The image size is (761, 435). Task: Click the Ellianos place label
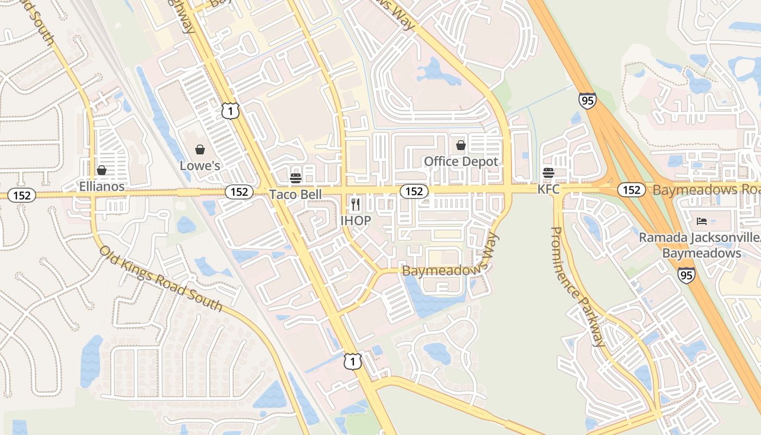point(102,187)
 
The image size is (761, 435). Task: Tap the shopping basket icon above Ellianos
point(102,171)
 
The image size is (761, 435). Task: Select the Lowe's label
point(200,165)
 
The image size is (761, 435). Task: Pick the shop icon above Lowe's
point(200,150)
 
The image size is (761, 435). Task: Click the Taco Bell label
point(296,194)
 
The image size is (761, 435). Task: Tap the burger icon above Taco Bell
point(296,178)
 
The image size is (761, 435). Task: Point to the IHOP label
point(355,220)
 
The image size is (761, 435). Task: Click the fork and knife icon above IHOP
point(355,204)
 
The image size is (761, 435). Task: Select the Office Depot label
point(461,161)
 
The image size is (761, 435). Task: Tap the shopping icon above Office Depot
point(461,145)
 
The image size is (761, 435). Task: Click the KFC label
point(548,189)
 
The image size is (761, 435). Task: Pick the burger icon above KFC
point(548,173)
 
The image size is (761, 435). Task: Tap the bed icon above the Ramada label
point(702,222)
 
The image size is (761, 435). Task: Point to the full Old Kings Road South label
point(161,278)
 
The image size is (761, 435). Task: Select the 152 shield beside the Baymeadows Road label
point(631,190)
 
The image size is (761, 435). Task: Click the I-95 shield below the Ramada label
point(686,275)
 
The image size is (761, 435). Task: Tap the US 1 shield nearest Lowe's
point(230,111)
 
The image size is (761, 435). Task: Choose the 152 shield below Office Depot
point(414,191)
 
